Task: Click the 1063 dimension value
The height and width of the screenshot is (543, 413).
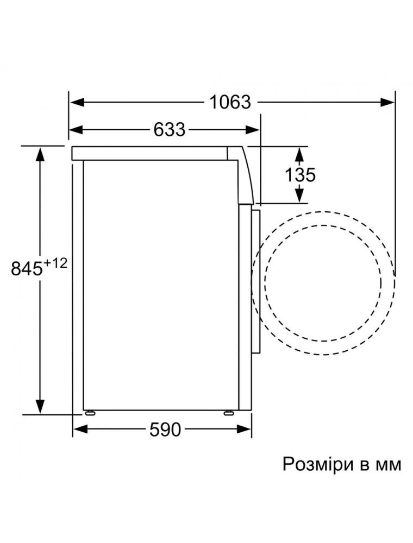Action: coord(230,102)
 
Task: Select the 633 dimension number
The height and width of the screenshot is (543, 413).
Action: coord(170,130)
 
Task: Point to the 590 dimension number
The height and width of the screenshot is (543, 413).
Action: coord(165,430)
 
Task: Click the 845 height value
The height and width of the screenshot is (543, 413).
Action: coord(26,268)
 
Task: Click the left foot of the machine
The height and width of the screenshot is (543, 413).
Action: coord(90,412)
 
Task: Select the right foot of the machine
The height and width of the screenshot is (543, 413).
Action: coord(229,412)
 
